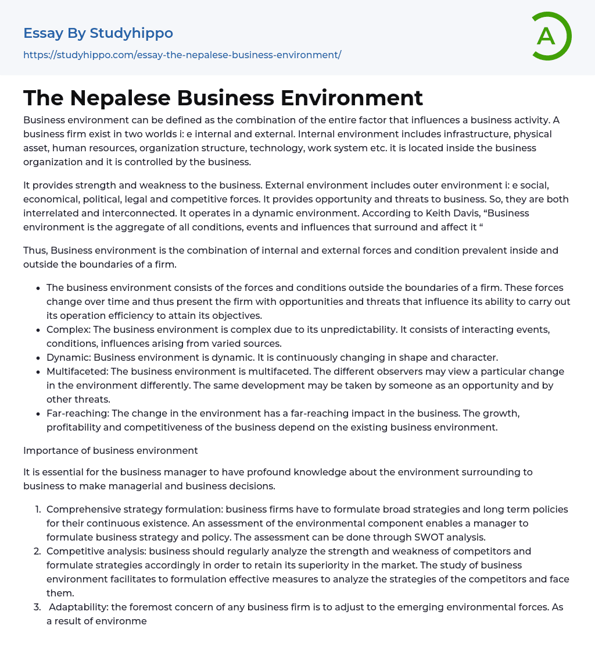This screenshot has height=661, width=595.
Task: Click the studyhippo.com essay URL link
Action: point(182,55)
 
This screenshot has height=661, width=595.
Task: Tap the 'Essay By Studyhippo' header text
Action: point(98,33)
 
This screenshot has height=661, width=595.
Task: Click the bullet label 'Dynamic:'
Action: point(69,357)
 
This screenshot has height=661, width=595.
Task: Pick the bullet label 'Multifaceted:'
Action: point(76,371)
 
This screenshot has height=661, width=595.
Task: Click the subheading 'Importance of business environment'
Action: point(110,450)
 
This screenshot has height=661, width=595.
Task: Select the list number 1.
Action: point(38,509)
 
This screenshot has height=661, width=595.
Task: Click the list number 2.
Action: point(38,551)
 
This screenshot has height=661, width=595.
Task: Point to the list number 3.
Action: point(38,607)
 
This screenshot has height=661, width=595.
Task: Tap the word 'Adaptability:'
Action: point(78,607)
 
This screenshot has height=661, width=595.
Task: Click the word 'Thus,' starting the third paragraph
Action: point(35,250)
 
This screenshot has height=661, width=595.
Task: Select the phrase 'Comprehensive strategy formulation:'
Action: point(135,509)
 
